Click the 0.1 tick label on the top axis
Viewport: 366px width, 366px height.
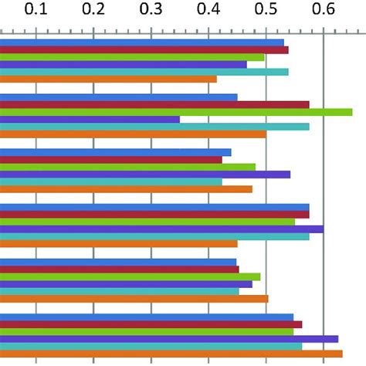tap(36, 11)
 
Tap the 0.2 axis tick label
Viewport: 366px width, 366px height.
tap(93, 11)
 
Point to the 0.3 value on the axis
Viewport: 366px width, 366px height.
tap(151, 11)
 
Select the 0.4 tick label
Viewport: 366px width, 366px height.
tap(208, 11)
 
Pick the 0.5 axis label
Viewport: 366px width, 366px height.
tap(266, 11)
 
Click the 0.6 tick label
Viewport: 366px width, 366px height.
tap(324, 11)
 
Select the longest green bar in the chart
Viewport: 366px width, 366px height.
tap(176, 112)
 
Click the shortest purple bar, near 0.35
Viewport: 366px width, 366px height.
tap(90, 120)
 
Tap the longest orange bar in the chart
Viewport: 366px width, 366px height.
tap(171, 354)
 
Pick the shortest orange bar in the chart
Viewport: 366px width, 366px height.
tap(108, 79)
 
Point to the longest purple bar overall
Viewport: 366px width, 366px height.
tap(169, 338)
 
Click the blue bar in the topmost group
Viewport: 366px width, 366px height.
tap(142, 42)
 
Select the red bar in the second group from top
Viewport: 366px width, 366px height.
tap(154, 104)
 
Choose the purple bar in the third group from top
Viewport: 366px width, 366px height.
tap(145, 175)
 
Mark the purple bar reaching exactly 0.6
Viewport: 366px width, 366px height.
tap(161, 229)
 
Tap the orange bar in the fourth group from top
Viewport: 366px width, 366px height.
tap(119, 244)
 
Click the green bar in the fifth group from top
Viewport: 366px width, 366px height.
tap(130, 276)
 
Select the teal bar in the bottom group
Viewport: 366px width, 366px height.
tap(151, 346)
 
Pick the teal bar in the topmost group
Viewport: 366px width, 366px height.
tap(144, 72)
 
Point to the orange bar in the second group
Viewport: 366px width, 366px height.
tap(133, 134)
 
